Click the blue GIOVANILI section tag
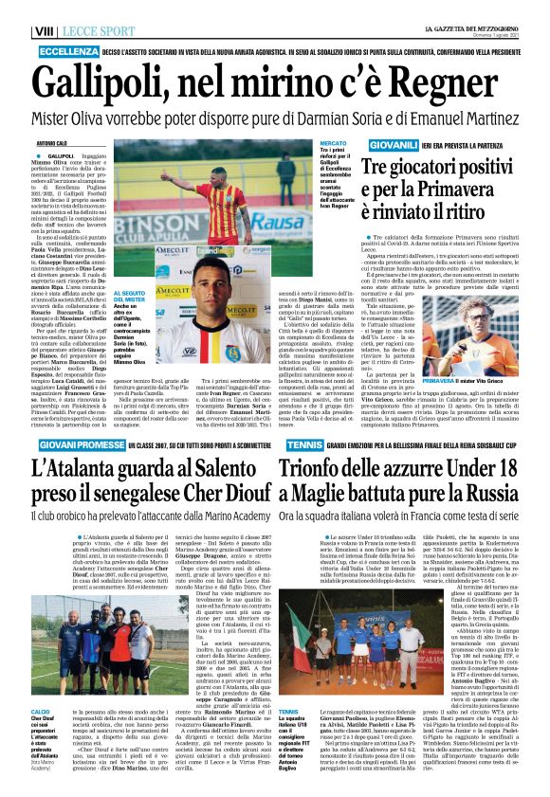(x=394, y=144)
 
